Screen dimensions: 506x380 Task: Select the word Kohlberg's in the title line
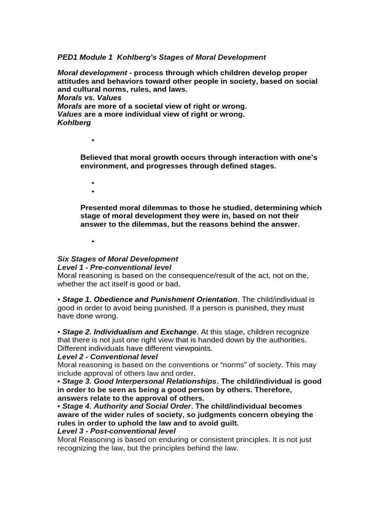(x=137, y=57)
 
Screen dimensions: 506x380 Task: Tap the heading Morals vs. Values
(x=89, y=98)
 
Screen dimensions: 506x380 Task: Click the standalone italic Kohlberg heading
(x=74, y=123)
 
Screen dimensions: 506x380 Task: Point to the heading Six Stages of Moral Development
(x=118, y=259)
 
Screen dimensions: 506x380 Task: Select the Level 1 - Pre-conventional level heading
(x=114, y=267)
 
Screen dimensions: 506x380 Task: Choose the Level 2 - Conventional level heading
(x=107, y=357)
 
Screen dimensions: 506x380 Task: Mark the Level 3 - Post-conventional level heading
(x=116, y=431)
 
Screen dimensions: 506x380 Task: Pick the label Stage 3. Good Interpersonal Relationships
(x=139, y=381)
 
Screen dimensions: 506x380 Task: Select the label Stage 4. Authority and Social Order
(x=126, y=406)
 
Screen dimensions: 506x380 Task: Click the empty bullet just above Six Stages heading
(x=93, y=241)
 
